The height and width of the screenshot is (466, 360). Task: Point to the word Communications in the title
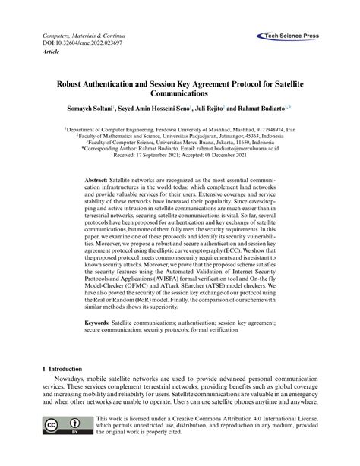click(179, 96)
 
